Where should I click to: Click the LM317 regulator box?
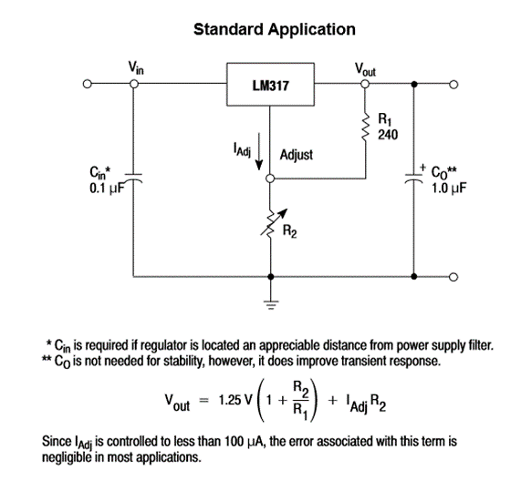pos(269,85)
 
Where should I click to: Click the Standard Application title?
pos(275,29)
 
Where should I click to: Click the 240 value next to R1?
pos(388,134)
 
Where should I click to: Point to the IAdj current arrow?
pos(259,155)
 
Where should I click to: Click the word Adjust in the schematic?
pos(297,155)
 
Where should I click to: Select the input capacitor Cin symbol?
pos(136,180)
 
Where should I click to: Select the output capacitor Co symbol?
pos(415,179)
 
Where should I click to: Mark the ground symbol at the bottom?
pos(270,303)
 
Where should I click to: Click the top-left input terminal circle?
pos(88,85)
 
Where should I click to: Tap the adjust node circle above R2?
pos(270,180)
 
